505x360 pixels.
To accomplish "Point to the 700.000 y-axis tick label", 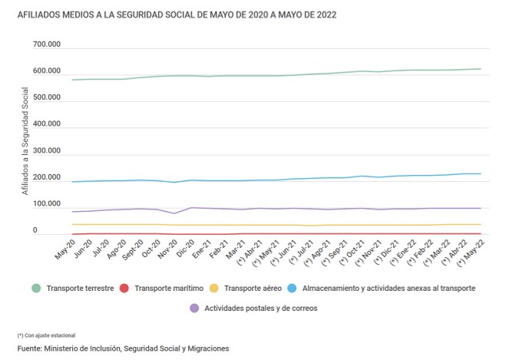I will pyautogui.click(x=45, y=45).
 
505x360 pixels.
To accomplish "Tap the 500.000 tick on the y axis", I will pyautogui.click(x=45, y=97).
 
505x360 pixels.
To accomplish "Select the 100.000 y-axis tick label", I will pyautogui.click(x=45, y=204).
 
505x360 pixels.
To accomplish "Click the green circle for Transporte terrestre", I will pyautogui.click(x=35, y=289).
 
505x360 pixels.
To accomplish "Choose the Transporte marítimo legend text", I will pyautogui.click(x=167, y=289).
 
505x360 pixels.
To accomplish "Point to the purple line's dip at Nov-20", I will pyautogui.click(x=176, y=213).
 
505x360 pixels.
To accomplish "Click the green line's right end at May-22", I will pyautogui.click(x=480, y=69).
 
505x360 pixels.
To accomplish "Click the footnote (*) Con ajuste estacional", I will pyautogui.click(x=45, y=335).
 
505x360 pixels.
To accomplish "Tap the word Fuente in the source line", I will pyautogui.click(x=29, y=348).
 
